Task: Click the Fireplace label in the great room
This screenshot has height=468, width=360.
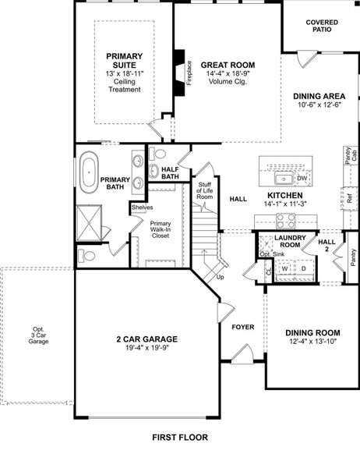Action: point(187,73)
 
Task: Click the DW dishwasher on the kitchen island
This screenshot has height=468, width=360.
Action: point(302,179)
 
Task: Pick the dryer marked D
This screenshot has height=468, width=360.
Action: point(304,268)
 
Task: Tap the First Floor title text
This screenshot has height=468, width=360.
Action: point(179,438)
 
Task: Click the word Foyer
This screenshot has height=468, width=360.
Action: point(243,327)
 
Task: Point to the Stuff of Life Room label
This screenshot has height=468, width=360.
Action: point(204,192)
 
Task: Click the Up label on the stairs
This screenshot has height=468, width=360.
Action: point(221,277)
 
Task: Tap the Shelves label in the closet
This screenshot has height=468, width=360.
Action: point(142,207)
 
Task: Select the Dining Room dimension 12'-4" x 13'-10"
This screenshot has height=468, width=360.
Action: point(312,341)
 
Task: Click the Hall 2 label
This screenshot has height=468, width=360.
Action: point(327,246)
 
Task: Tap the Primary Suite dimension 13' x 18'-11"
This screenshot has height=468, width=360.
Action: point(124,73)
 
